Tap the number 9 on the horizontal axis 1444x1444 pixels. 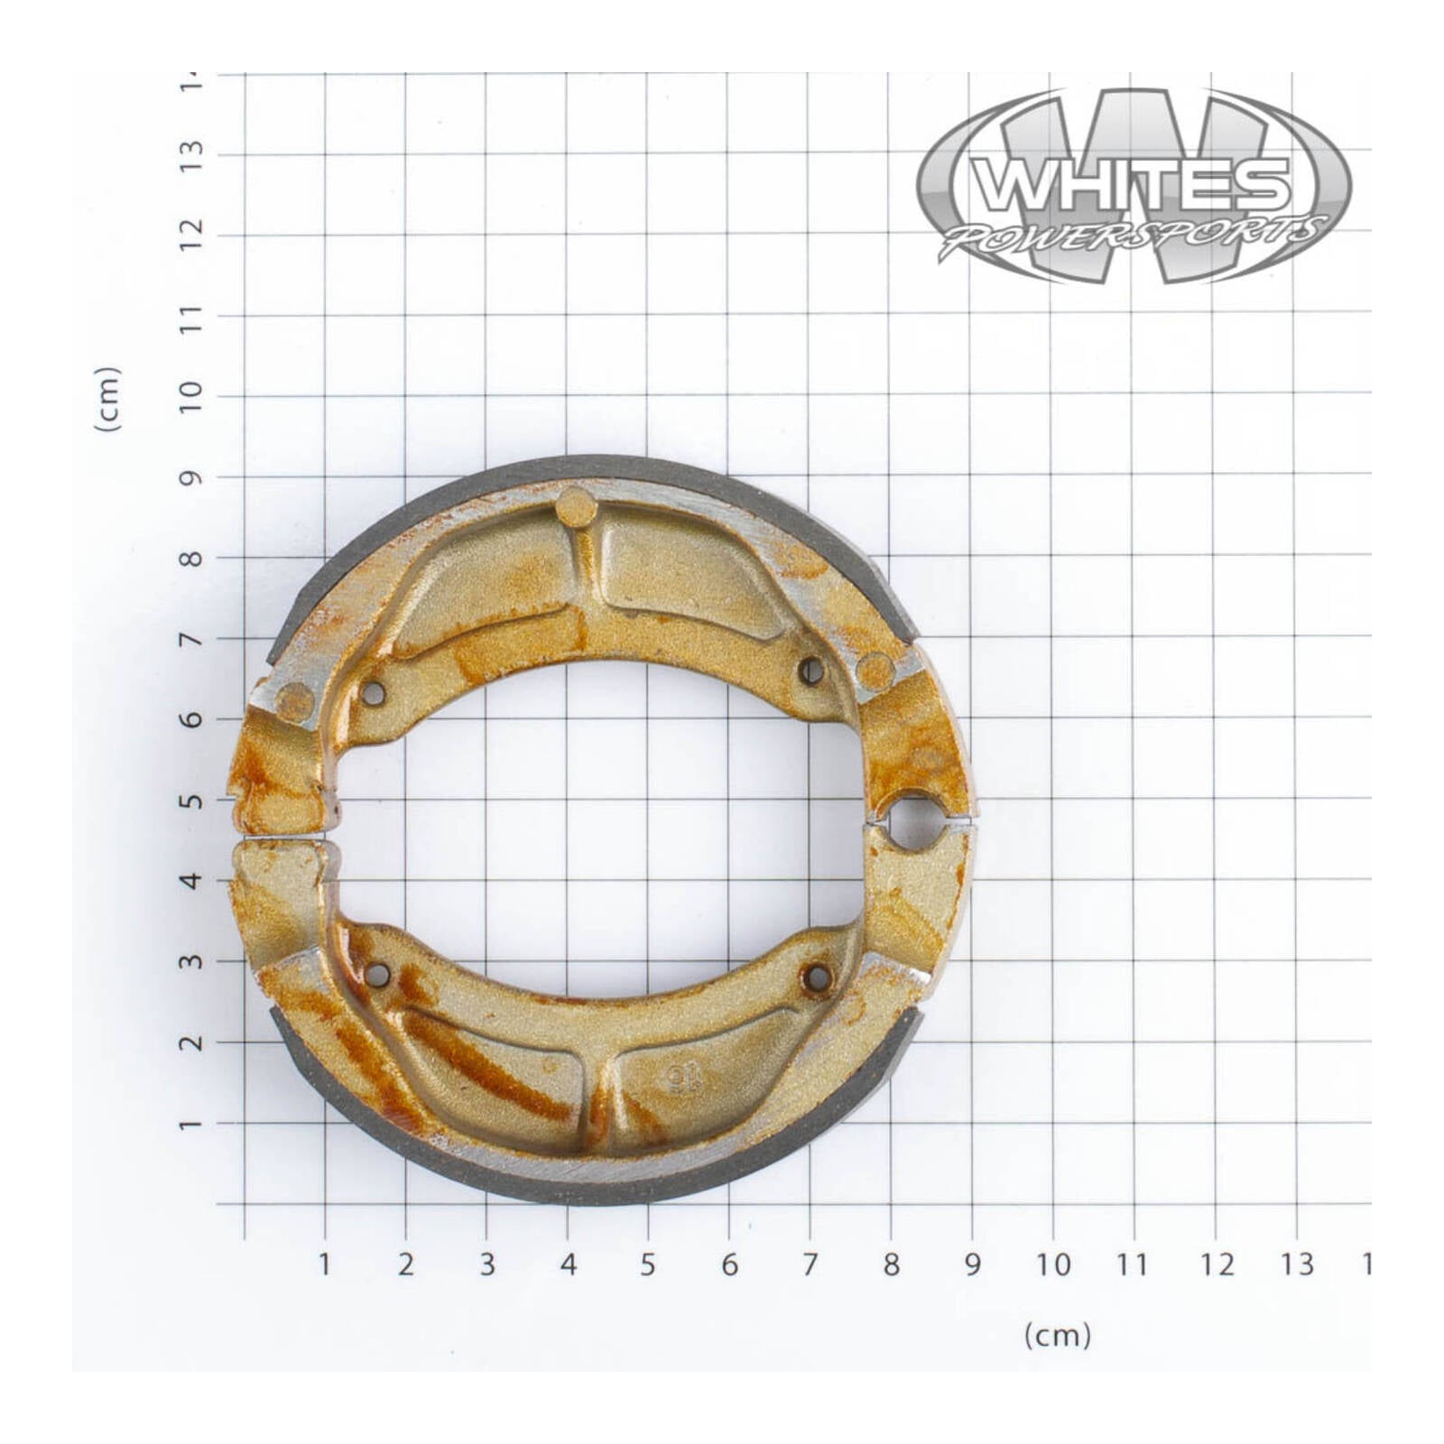[972, 1264]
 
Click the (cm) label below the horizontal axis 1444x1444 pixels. [1057, 1335]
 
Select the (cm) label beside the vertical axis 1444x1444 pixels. [107, 399]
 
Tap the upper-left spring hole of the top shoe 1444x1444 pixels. [373, 693]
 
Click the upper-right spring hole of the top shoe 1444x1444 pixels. [810, 671]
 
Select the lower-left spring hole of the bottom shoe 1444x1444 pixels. [379, 975]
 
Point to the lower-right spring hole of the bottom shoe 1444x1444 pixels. [817, 977]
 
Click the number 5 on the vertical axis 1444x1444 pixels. [190, 800]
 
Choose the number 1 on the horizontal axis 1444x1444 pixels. [325, 1264]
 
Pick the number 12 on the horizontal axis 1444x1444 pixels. [1215, 1264]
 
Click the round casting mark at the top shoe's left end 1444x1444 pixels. [293, 701]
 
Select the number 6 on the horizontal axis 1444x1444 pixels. [729, 1264]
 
